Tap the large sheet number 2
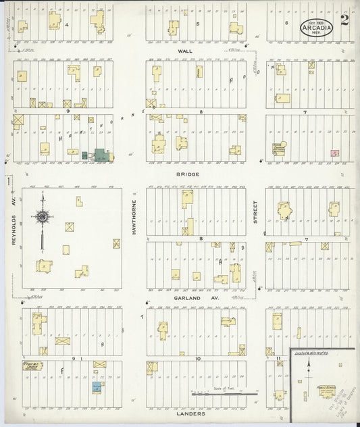[344, 19]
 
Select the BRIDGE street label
[190, 174]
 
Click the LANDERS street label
[190, 417]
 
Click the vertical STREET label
[255, 217]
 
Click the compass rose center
[43, 217]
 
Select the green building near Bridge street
[101, 155]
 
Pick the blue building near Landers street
[97, 388]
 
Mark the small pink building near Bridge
[334, 153]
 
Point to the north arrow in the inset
[309, 365]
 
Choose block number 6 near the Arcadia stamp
[286, 23]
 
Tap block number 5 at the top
[198, 24]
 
